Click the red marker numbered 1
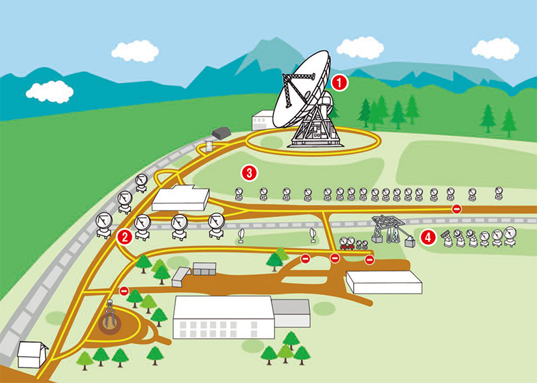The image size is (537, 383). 340,83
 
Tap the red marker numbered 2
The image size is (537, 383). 125,237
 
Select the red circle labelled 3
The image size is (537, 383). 249,173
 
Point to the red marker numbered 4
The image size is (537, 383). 428,237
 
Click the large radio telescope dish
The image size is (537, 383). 301,91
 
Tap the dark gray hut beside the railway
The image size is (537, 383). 221,133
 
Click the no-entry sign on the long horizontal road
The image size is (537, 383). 456,208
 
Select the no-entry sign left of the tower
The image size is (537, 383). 124,291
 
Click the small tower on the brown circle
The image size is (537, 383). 110,314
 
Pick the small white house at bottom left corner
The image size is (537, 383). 32,354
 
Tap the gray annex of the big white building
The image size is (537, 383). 291,312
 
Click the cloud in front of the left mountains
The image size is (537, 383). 50,91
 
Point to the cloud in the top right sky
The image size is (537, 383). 495,49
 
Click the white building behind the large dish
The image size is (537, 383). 263,120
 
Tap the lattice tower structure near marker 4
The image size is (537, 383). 391,229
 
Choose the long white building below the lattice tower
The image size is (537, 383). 384,282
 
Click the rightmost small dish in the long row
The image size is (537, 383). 499,193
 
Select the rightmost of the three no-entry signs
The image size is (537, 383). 370,260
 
